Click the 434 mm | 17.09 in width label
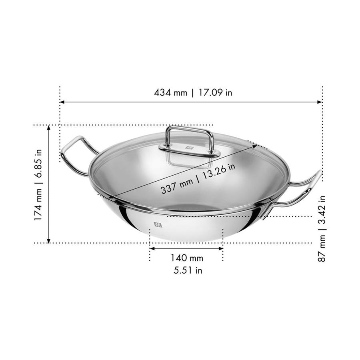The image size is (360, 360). pyautogui.click(x=193, y=93)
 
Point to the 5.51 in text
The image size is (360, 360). pyautogui.click(x=187, y=271)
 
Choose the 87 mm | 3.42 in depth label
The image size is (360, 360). pyautogui.click(x=322, y=228)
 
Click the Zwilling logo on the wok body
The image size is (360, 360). pyautogui.click(x=158, y=224)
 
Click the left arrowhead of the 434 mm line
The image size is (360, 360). pyautogui.click(x=62, y=102)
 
